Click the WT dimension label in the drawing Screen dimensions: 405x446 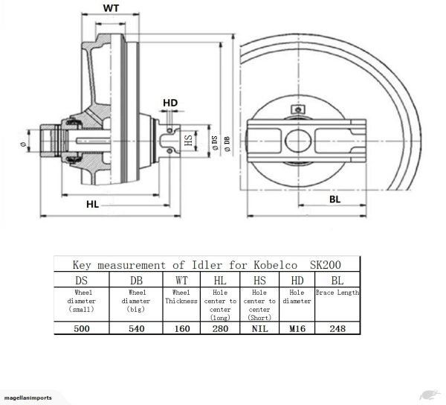click(x=110, y=8)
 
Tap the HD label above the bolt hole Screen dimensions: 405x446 click(x=170, y=102)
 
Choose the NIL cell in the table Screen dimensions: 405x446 click(x=259, y=328)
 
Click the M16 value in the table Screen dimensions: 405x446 click(x=296, y=328)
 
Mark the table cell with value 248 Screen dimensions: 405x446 click(x=337, y=328)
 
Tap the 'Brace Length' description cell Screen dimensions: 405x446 click(x=337, y=293)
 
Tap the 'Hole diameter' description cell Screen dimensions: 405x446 click(x=296, y=297)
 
